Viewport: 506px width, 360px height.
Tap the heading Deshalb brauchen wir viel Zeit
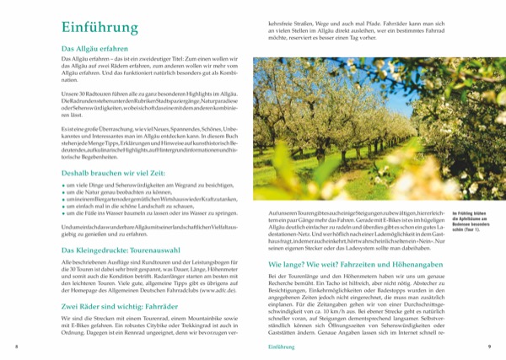pyautogui.click(x=109, y=170)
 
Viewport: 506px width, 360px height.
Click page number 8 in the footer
pyautogui.click(x=17, y=347)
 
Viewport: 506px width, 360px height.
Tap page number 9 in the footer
pyautogui.click(x=489, y=347)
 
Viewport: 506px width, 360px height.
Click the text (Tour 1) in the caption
pyautogui.click(x=472, y=241)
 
